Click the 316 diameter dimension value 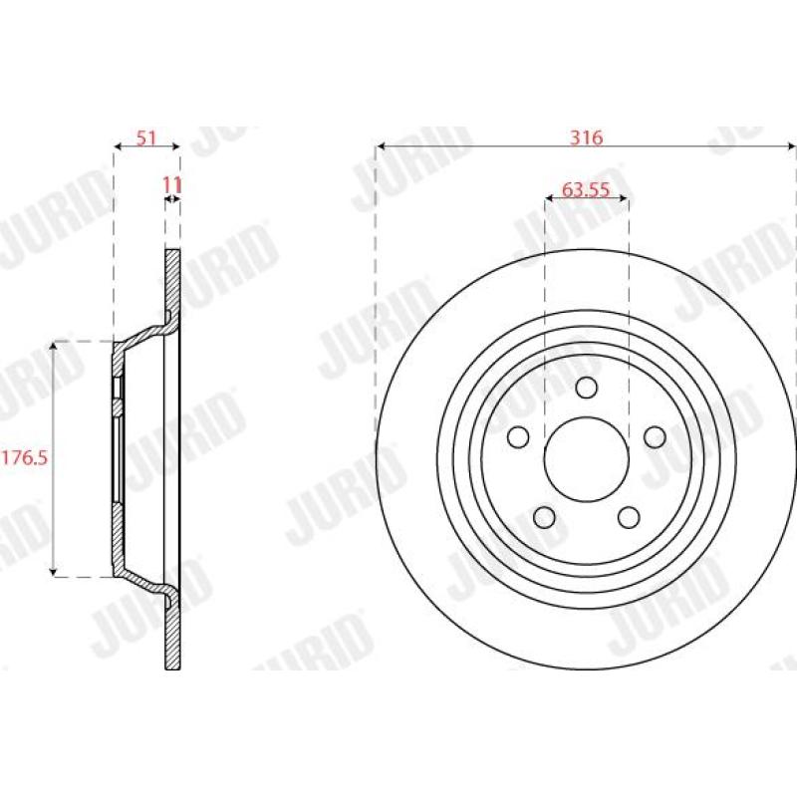tap(586, 137)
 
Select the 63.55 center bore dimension tap(585, 189)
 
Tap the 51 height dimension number tap(145, 137)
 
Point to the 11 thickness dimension tap(171, 185)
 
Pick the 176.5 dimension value tap(25, 457)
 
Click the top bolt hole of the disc tap(586, 388)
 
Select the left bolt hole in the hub tap(518, 437)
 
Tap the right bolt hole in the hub tap(655, 437)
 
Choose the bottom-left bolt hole tap(544, 517)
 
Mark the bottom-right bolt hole tap(629, 517)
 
